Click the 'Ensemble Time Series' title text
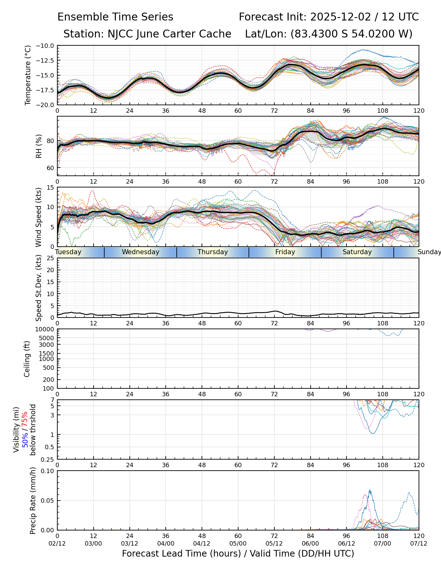(x=115, y=17)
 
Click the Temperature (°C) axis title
(x=28, y=75)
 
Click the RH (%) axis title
(x=39, y=146)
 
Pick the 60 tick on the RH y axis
(x=50, y=168)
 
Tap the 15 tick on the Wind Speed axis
(x=50, y=187)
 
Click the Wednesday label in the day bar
(x=140, y=252)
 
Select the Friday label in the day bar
(x=285, y=252)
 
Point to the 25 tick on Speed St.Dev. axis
(x=50, y=258)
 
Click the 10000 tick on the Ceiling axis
(x=45, y=329)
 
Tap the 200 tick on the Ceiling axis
(x=48, y=380)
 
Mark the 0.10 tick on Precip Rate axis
(x=47, y=471)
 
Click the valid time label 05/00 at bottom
(x=238, y=543)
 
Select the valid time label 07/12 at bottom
(x=419, y=543)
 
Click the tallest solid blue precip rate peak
(x=370, y=490)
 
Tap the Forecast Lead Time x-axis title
(x=238, y=553)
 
